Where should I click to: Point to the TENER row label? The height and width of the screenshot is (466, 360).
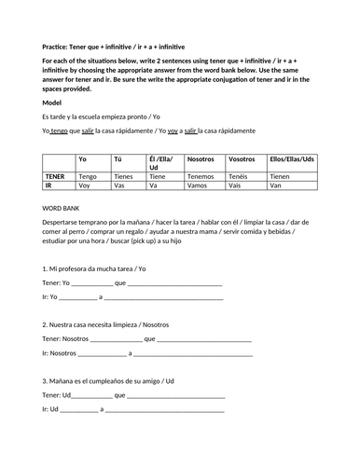[x=56, y=175]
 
